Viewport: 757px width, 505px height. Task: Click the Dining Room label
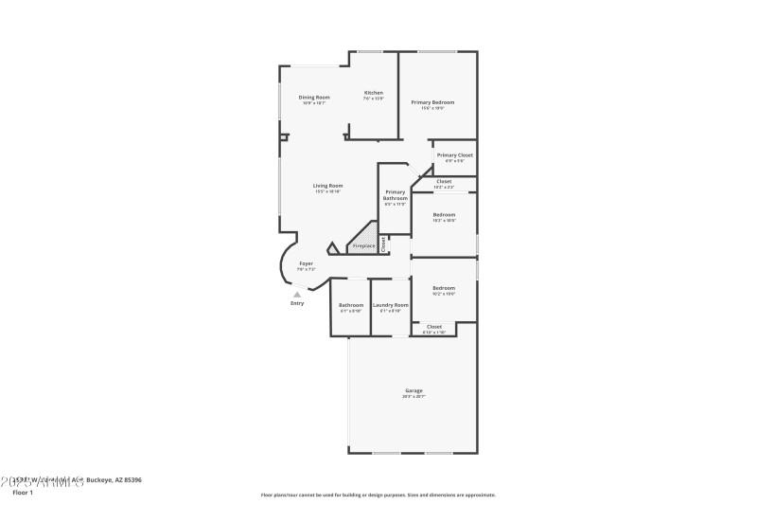coord(314,97)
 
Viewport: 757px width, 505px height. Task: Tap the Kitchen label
coord(374,93)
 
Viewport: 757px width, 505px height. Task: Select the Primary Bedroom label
coord(432,101)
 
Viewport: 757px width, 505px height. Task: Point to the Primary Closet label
coord(455,154)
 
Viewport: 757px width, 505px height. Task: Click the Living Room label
coord(328,186)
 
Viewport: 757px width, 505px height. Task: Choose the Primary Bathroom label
coord(395,195)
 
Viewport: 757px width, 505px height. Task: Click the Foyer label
coord(306,263)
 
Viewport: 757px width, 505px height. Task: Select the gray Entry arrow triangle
coord(297,295)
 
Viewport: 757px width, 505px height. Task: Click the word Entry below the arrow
coord(298,303)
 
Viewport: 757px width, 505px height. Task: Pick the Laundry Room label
coord(390,304)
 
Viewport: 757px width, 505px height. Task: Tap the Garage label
coord(414,390)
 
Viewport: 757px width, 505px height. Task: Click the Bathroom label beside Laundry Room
coord(351,304)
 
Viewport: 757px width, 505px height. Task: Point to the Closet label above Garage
coord(434,326)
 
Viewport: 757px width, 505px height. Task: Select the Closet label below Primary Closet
coord(444,181)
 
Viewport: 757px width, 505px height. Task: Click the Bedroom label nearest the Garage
coord(444,287)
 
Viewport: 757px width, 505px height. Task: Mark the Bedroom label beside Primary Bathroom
coord(444,214)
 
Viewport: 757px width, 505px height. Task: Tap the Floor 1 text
coord(23,493)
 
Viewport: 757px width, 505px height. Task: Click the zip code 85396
coord(130,480)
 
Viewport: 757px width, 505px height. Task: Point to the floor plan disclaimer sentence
coord(378,495)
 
